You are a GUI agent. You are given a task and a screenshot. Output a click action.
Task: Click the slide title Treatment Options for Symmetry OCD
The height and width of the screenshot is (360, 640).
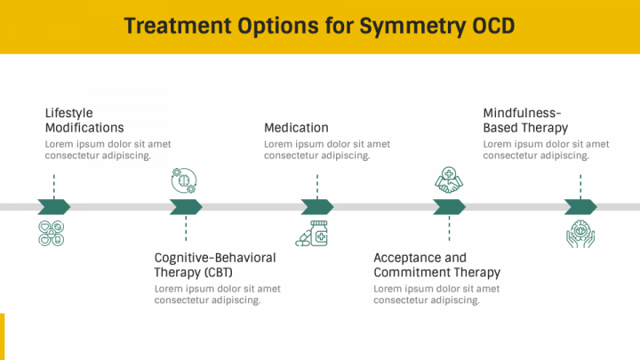click(319, 26)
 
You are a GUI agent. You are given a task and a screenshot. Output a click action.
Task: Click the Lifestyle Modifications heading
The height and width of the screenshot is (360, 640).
click(84, 120)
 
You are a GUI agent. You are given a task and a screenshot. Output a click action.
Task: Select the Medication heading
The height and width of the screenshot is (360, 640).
click(296, 127)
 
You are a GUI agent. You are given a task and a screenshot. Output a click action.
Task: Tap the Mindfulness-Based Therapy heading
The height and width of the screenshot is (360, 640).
click(525, 120)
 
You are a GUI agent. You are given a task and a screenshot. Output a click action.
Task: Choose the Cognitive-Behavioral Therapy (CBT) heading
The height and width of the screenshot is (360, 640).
click(215, 264)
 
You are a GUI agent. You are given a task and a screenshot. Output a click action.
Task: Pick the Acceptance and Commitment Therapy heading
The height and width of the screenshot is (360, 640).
click(436, 264)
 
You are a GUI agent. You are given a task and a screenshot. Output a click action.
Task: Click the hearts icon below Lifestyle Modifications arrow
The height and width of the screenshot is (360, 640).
click(52, 233)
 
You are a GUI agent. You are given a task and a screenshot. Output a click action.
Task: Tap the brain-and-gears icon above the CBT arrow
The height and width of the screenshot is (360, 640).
click(185, 180)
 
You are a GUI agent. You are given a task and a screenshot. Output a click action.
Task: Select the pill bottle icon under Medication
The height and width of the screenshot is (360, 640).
click(313, 234)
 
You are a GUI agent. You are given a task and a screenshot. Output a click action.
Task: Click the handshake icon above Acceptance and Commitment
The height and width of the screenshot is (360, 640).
click(448, 180)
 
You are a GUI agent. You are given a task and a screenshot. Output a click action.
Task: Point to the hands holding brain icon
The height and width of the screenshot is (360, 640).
click(580, 233)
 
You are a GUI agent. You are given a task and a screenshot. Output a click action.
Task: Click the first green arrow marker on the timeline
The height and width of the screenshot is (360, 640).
click(53, 207)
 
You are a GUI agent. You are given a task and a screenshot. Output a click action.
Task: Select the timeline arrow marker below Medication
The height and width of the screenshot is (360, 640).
click(317, 207)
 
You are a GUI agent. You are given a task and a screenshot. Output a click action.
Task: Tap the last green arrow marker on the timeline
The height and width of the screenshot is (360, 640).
click(580, 207)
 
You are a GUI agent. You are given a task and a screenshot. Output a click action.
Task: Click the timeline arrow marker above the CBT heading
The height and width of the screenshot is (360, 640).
click(186, 207)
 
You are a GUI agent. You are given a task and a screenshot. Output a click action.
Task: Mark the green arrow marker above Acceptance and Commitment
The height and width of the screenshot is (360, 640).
click(449, 207)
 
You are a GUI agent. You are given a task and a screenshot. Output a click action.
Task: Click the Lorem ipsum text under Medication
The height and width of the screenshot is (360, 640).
click(326, 149)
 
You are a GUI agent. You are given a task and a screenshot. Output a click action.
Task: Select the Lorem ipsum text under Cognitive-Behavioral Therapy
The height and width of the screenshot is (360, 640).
click(217, 293)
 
